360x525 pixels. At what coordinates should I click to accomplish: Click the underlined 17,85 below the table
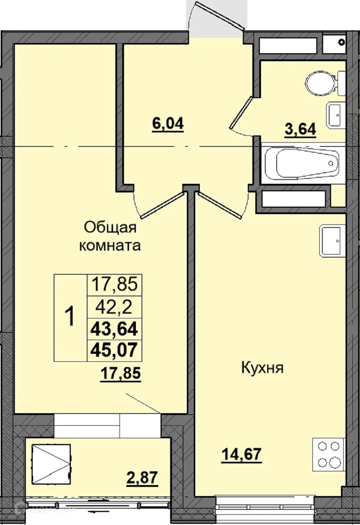pyautogui.click(x=120, y=373)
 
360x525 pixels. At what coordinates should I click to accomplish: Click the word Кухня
pyautogui.click(x=262, y=368)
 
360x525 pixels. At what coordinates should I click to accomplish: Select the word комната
pyautogui.click(x=110, y=245)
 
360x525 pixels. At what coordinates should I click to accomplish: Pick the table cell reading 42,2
pyautogui.click(x=115, y=307)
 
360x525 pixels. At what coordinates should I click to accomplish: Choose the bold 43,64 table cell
pyautogui.click(x=114, y=328)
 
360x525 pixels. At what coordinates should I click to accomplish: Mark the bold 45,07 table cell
pyautogui.click(x=114, y=350)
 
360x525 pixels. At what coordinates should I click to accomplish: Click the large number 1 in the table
pyautogui.click(x=70, y=318)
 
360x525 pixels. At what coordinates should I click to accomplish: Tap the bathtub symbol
pyautogui.click(x=302, y=164)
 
